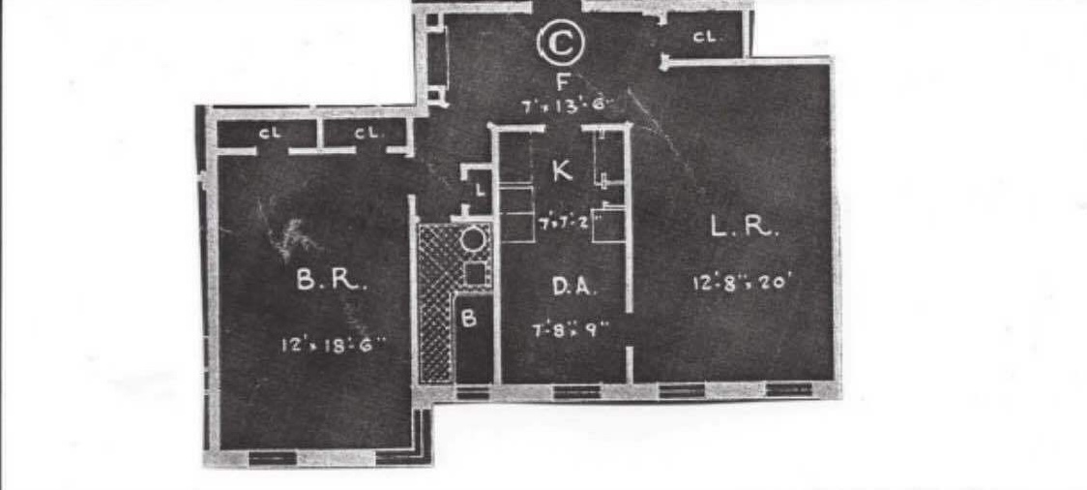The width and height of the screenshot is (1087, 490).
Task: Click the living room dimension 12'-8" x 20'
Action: pyautogui.click(x=742, y=283)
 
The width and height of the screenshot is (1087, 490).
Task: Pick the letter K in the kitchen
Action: pyautogui.click(x=561, y=172)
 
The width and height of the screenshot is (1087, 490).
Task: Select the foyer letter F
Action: pyautogui.click(x=561, y=80)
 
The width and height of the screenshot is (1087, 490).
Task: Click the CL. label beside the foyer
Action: pyautogui.click(x=705, y=38)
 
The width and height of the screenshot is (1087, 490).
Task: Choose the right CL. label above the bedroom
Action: pyautogui.click(x=366, y=134)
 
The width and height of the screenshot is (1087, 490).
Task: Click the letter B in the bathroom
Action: pyautogui.click(x=469, y=319)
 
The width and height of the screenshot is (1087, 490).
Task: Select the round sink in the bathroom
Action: pyautogui.click(x=474, y=239)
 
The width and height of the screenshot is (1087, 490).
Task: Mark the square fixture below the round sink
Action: pyautogui.click(x=474, y=273)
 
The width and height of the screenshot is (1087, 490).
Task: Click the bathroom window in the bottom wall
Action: pyautogui.click(x=472, y=392)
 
